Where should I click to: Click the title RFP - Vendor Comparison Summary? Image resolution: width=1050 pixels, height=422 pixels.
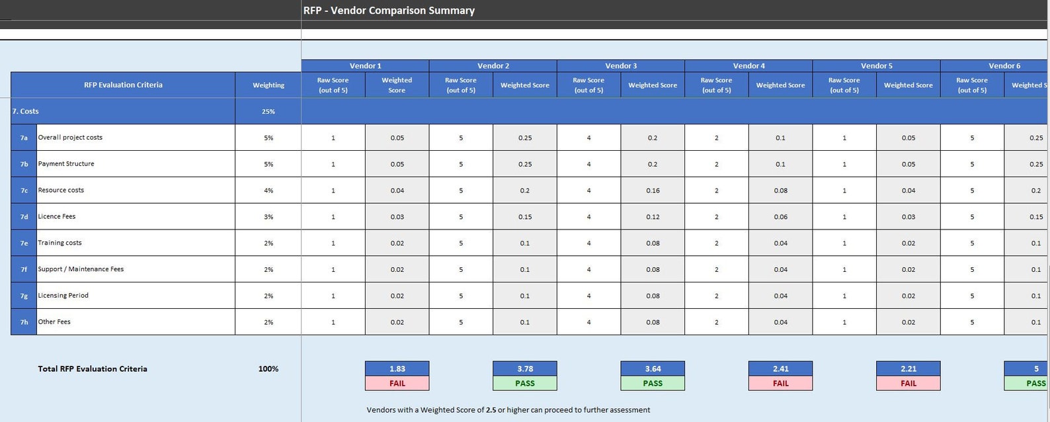[x=389, y=11]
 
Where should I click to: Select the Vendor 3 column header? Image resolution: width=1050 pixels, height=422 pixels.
[x=621, y=65]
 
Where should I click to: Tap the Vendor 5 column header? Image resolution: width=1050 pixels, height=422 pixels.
[x=876, y=65]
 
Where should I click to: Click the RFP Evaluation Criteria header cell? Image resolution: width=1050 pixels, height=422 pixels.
[x=123, y=85]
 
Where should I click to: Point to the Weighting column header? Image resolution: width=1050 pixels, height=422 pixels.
[x=268, y=85]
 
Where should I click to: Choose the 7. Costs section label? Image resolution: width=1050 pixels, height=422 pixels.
[x=26, y=111]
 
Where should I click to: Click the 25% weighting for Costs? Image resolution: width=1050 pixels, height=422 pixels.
[x=268, y=111]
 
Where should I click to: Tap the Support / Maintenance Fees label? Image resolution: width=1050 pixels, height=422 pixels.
[x=81, y=269]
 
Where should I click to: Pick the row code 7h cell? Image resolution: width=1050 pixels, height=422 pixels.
[x=24, y=322]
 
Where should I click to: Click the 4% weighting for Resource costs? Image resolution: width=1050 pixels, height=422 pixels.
[x=268, y=190]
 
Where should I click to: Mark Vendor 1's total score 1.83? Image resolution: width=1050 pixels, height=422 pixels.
[x=397, y=368]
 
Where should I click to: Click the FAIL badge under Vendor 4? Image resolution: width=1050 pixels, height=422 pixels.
[x=780, y=383]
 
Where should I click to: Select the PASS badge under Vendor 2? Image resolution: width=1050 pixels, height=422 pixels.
[x=525, y=383]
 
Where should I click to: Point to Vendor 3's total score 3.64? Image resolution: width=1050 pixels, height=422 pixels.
[x=653, y=368]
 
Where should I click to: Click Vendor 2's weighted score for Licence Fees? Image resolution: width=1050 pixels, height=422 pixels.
[x=525, y=217]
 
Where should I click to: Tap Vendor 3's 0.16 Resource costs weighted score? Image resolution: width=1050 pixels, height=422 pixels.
[x=653, y=190]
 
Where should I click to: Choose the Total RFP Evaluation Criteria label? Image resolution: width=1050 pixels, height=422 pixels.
[x=93, y=368]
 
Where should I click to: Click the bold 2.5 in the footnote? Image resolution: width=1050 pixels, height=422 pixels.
[x=491, y=410]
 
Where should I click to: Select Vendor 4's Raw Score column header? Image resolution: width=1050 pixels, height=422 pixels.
[x=716, y=85]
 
